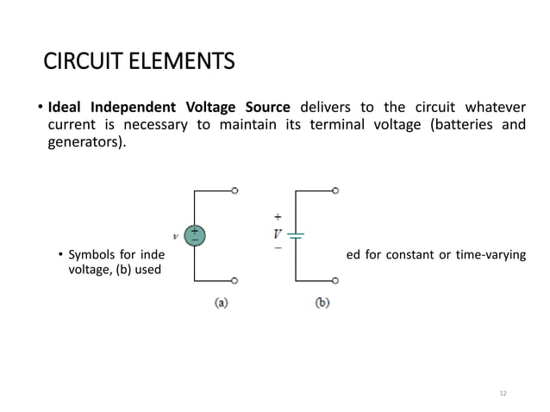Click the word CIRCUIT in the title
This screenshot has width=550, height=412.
pyautogui.click(x=79, y=63)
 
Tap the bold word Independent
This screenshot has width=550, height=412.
pyautogui.click(x=135, y=108)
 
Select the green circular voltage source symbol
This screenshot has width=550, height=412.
pyautogui.click(x=195, y=234)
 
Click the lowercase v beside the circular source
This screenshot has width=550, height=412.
pyautogui.click(x=176, y=234)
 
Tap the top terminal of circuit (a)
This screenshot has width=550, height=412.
pyautogui.click(x=234, y=190)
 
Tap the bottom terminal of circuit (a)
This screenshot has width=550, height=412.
pyautogui.click(x=234, y=280)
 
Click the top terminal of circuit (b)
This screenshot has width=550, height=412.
pyautogui.click(x=335, y=190)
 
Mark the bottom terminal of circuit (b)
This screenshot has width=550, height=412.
pyautogui.click(x=335, y=280)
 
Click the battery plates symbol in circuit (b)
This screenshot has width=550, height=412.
pyautogui.click(x=296, y=234)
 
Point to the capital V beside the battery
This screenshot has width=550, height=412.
pyautogui.click(x=278, y=234)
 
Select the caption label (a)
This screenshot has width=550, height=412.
pyautogui.click(x=222, y=303)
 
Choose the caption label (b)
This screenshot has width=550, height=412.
pyautogui.click(x=322, y=303)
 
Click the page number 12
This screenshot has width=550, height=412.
pyautogui.click(x=503, y=394)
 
